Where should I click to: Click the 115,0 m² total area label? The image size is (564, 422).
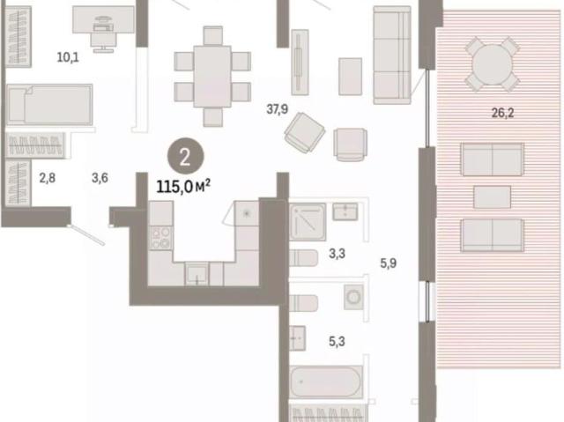(183, 187)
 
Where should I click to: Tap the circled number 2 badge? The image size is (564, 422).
(186, 157)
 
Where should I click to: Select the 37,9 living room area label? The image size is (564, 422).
(277, 108)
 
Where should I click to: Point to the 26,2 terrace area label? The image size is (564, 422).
(502, 113)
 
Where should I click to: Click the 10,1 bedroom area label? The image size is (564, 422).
(68, 56)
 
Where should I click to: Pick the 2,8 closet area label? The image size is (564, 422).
(48, 178)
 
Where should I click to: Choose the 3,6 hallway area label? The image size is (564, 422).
(100, 178)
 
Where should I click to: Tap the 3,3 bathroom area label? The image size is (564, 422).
(337, 254)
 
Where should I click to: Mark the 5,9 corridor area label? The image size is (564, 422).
(389, 263)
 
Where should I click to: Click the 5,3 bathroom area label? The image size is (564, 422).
(337, 341)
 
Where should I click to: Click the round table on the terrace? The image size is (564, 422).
(492, 64)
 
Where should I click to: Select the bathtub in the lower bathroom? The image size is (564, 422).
(325, 381)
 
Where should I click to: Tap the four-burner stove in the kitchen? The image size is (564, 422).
(160, 239)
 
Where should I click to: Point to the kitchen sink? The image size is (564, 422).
(197, 274)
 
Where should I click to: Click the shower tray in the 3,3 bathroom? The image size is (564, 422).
(308, 222)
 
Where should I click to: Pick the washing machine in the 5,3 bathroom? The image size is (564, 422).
(354, 297)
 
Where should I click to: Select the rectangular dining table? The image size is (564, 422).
(212, 76)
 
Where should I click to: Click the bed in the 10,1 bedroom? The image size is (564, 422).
(49, 105)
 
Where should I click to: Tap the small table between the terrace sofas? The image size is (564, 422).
(492, 197)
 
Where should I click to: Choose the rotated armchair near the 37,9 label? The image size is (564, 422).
(305, 133)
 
